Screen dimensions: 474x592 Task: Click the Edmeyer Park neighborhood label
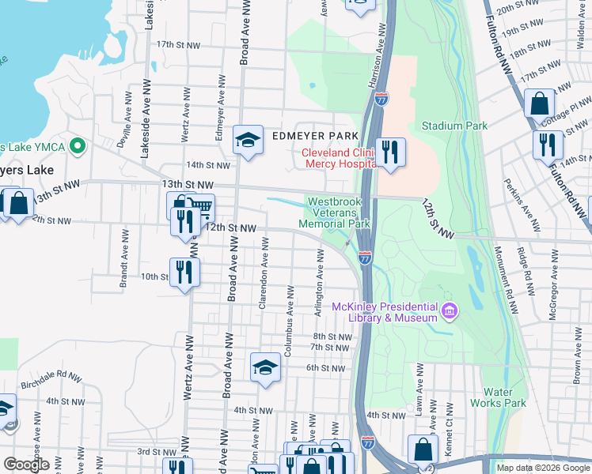(x=311, y=137)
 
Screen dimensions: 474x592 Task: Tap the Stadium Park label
(x=454, y=126)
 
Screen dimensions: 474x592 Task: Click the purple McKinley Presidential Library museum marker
(x=450, y=310)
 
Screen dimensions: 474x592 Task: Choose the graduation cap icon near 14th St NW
(x=248, y=141)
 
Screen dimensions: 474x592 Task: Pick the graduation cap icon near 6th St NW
(x=265, y=367)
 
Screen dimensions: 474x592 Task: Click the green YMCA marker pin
(x=78, y=146)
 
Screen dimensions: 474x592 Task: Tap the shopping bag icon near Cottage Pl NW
(x=539, y=103)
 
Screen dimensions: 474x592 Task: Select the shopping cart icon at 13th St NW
(x=202, y=208)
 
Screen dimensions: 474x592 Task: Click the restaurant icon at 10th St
(x=184, y=273)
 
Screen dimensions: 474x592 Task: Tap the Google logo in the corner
(x=25, y=465)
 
